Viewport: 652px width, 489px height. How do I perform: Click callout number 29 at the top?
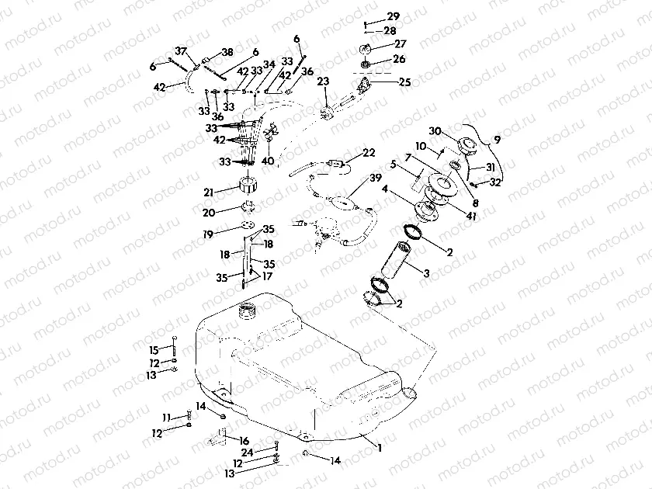click(393, 16)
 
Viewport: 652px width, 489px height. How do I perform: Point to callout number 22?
click(369, 152)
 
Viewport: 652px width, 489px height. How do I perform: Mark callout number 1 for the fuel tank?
click(380, 448)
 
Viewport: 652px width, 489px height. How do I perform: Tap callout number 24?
click(246, 452)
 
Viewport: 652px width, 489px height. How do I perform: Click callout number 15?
click(154, 349)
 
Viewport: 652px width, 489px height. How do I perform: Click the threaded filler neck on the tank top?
click(248, 313)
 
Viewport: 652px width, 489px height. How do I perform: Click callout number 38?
click(227, 53)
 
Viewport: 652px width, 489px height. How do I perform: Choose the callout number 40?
click(269, 161)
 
